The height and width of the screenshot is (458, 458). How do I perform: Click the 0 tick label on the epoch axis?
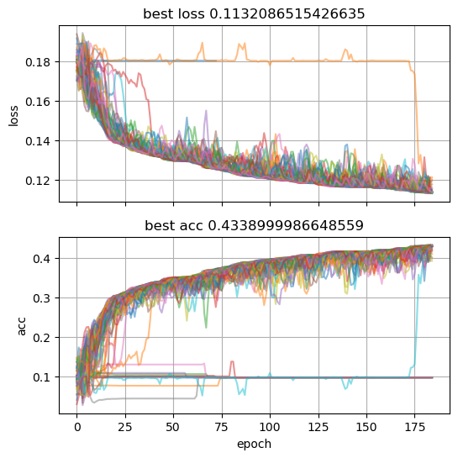tap(76, 427)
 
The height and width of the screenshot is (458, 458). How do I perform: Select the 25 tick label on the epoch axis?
tap(125, 427)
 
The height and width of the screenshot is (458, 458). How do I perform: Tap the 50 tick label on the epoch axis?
tap(174, 427)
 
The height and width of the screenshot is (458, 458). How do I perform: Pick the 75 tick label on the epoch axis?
tap(222, 427)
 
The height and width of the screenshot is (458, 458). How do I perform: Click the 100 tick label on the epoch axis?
tap(271, 427)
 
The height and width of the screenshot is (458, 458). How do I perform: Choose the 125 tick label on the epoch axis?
tap(319, 427)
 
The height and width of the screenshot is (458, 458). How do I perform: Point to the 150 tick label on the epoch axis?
tap(367, 427)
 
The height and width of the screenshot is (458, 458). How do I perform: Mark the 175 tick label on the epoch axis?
tap(416, 427)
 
